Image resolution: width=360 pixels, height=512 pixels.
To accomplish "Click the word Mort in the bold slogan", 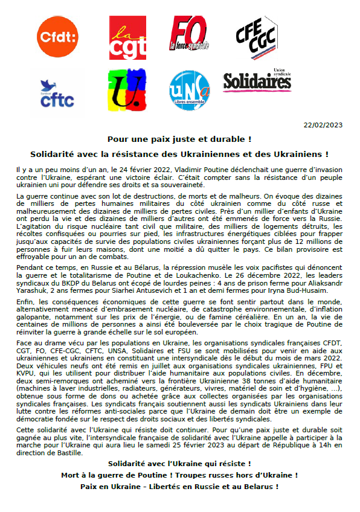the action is [72, 475].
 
